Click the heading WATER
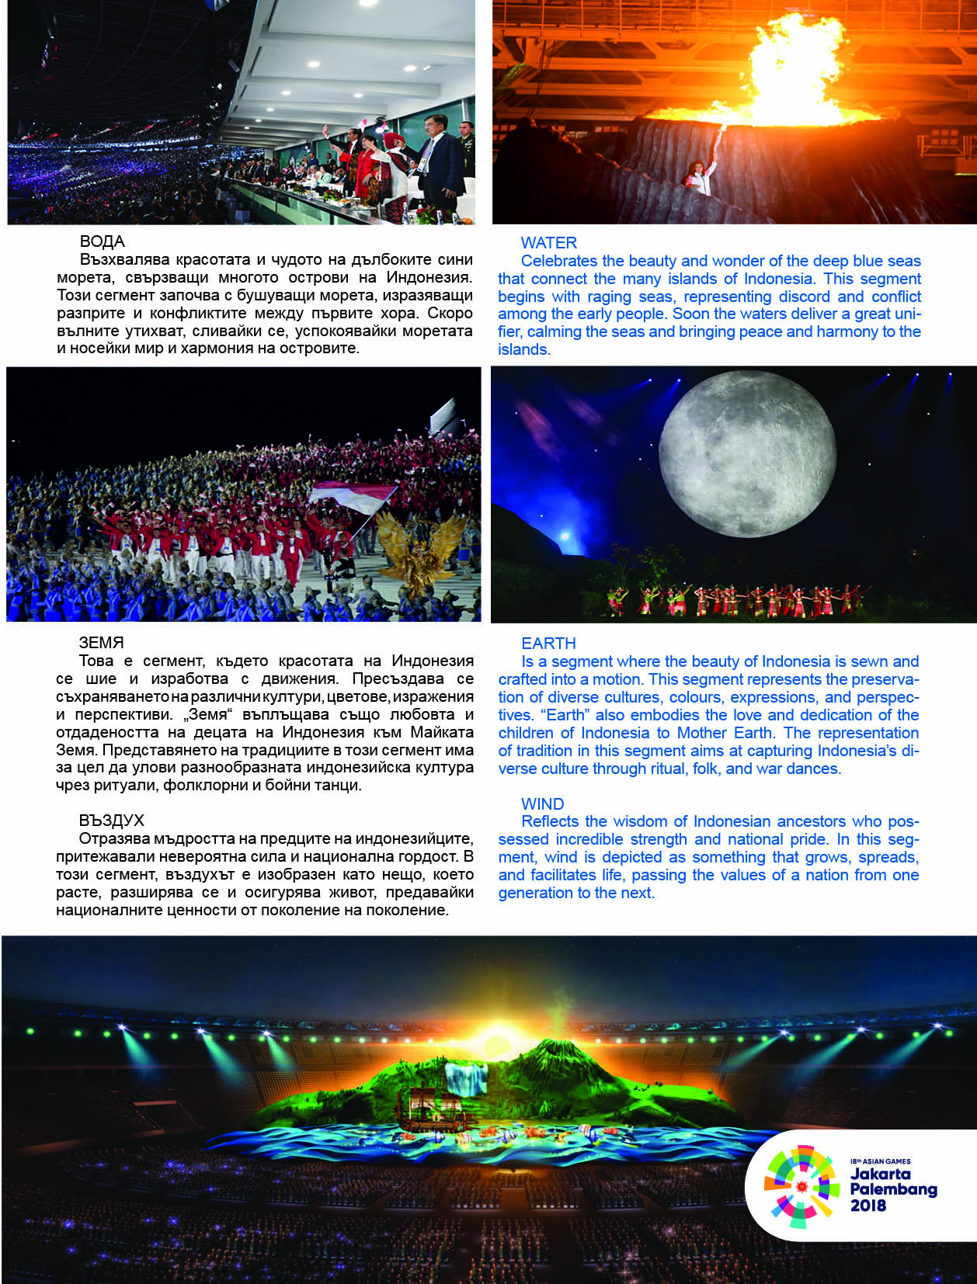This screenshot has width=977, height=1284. [548, 243]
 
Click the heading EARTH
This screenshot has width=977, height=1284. [548, 644]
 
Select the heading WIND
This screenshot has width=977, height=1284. [542, 804]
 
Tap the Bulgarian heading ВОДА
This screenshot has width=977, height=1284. [102, 241]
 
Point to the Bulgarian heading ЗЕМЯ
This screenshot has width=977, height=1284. [101, 643]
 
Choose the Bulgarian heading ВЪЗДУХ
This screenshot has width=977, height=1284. [111, 821]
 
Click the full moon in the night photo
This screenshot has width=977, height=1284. [746, 454]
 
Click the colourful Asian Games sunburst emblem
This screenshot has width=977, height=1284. [801, 1186]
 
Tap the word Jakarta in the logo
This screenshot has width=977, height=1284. [880, 1174]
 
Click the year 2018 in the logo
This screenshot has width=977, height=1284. [867, 1206]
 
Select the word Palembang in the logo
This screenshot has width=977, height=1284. [893, 1189]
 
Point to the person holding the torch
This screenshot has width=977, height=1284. [701, 174]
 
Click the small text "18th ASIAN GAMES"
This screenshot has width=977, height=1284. [880, 1161]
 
